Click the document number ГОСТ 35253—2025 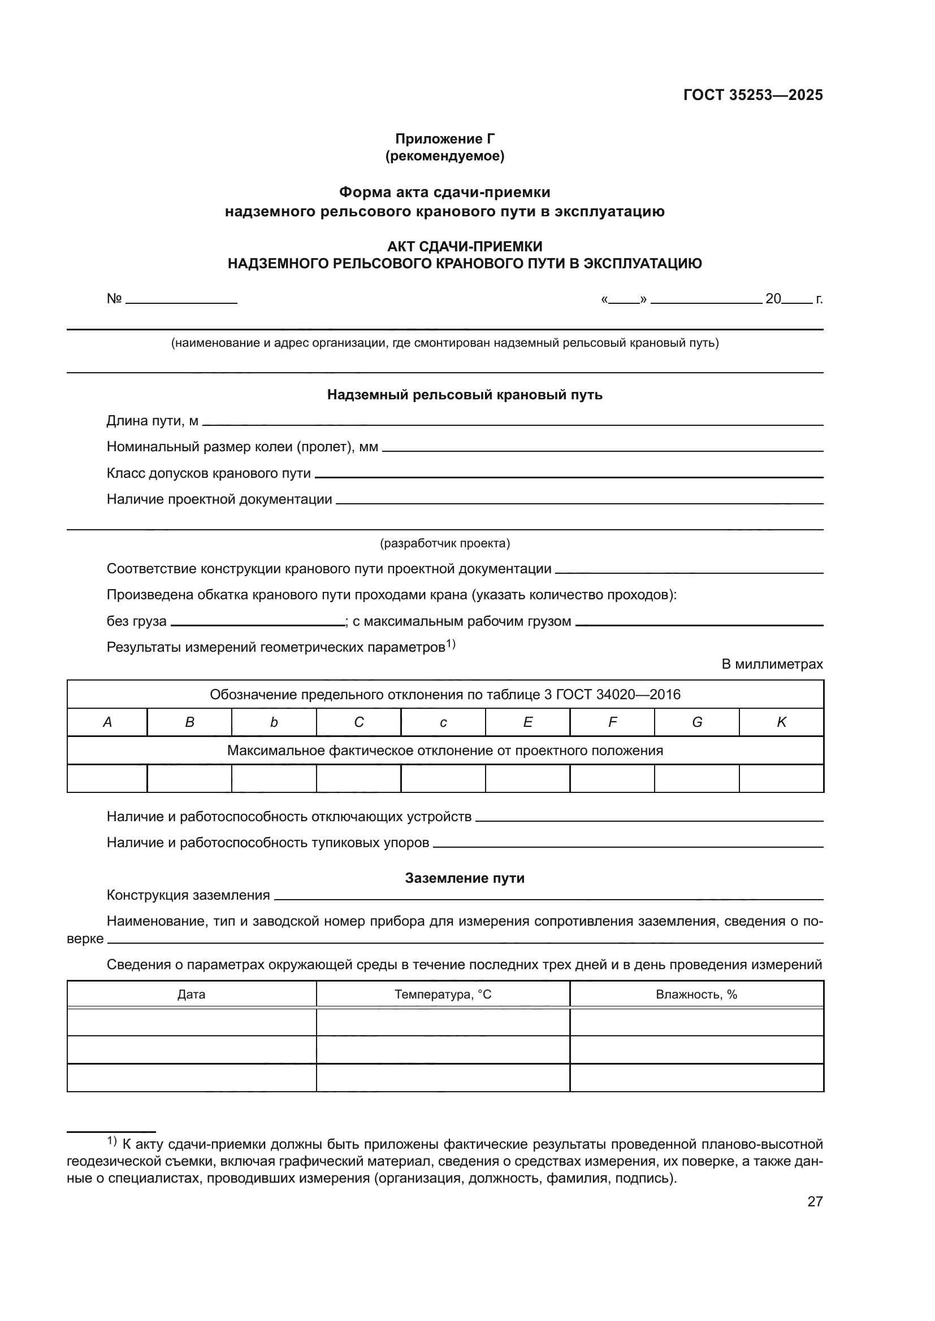(x=752, y=95)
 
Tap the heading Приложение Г (x=444, y=139)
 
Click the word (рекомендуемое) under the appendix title (x=444, y=156)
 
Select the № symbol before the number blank (x=114, y=299)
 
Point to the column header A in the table (x=107, y=723)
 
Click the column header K (x=781, y=723)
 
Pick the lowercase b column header (x=274, y=723)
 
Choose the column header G (x=696, y=723)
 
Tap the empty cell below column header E (x=527, y=778)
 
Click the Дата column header (x=191, y=995)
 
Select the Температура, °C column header (x=443, y=995)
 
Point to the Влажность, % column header (x=696, y=995)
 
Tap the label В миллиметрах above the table (x=772, y=665)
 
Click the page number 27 (x=815, y=1201)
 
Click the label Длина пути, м (x=152, y=421)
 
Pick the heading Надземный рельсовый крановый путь (x=465, y=395)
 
